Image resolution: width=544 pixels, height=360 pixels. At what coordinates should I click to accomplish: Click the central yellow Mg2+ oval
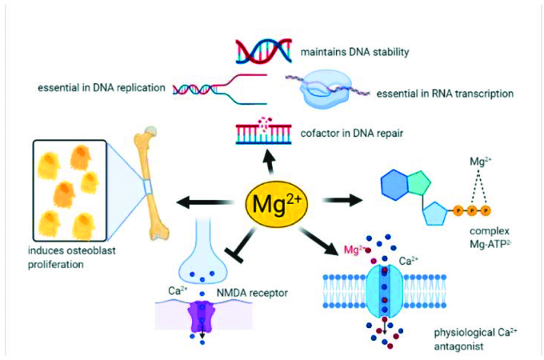(276, 205)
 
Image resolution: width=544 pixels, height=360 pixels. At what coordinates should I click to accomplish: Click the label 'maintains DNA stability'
(354, 52)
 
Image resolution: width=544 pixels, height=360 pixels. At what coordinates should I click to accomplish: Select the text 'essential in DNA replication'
(102, 88)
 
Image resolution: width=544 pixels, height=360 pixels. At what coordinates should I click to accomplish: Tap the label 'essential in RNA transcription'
(445, 94)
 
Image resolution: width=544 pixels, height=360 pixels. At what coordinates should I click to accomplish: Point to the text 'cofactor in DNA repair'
(352, 134)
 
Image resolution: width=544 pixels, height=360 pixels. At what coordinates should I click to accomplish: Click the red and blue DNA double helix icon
(264, 51)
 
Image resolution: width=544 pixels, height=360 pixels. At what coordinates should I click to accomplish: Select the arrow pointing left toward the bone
(205, 202)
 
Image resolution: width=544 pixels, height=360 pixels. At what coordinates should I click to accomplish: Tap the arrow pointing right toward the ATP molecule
(342, 200)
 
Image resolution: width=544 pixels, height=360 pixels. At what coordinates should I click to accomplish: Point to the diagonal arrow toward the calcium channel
(318, 242)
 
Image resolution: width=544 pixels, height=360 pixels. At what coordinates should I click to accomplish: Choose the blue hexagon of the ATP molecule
(395, 185)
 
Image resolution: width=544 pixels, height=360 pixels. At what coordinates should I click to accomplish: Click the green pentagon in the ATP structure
(419, 182)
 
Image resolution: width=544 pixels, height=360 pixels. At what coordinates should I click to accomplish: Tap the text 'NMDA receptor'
(252, 294)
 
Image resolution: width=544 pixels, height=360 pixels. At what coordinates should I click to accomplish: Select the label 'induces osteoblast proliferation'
(71, 258)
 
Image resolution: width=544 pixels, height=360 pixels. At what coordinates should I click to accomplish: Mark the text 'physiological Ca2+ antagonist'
(476, 339)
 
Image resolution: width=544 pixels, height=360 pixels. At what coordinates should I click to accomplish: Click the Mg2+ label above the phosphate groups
(481, 162)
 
